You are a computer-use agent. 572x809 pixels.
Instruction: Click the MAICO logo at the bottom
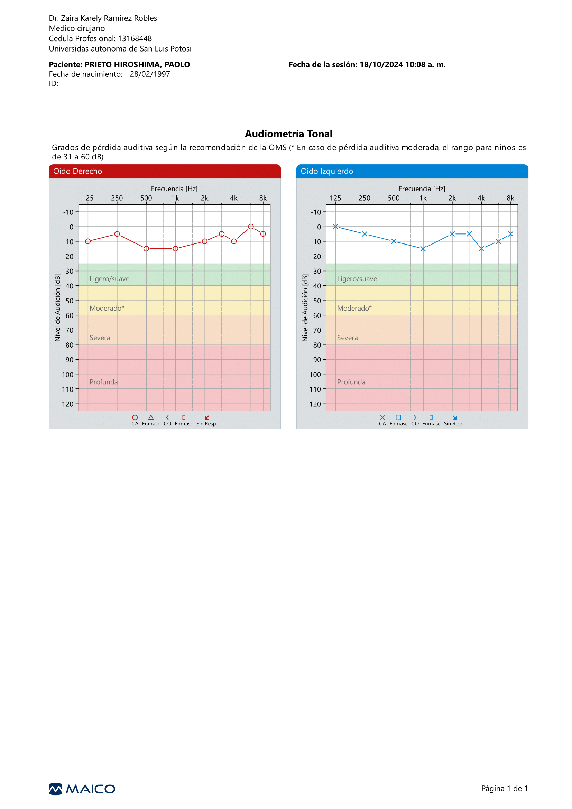82,789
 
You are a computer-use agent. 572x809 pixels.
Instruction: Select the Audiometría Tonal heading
288,134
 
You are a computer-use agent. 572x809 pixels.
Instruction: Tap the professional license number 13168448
135,38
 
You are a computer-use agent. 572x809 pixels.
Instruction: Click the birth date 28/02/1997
150,74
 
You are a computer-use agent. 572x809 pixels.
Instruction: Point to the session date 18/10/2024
381,64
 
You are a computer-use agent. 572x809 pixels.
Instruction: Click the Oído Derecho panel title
77,171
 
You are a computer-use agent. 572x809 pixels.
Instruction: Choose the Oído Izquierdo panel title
327,171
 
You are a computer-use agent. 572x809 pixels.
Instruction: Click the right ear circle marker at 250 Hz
117,234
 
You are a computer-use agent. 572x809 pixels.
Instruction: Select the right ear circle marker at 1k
175,249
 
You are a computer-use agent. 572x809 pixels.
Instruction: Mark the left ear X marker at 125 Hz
335,227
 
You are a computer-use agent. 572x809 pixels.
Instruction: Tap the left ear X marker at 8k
510,234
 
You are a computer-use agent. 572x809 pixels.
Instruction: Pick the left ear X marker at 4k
481,249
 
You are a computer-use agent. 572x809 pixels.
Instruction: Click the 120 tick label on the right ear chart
68,404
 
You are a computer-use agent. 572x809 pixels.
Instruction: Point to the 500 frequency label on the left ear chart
394,198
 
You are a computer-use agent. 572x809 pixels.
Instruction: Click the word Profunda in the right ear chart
103,382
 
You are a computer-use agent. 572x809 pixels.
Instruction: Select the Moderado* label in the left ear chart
354,308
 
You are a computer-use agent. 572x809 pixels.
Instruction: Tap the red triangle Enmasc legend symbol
151,417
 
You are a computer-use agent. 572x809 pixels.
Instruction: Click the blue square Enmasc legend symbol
398,417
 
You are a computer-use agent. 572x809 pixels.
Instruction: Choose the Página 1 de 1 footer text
504,789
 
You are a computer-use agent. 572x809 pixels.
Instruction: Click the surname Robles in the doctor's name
146,18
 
